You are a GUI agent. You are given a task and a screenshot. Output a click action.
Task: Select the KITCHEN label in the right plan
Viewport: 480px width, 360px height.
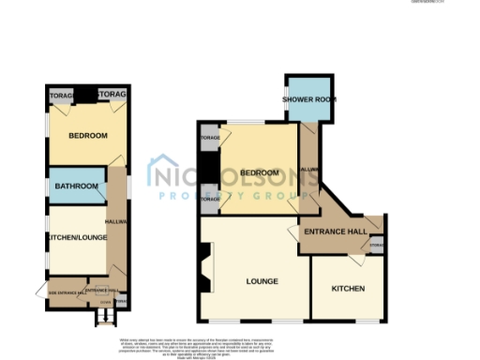[x=348, y=288]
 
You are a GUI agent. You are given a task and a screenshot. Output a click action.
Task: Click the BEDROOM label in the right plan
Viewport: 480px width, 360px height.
[x=260, y=173]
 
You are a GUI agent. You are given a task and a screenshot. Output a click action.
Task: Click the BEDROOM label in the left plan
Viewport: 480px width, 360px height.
[x=87, y=136]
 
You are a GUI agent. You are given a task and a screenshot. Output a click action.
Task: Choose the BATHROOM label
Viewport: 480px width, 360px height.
[x=78, y=187]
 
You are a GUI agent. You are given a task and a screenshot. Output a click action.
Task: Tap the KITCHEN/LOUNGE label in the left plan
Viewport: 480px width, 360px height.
[x=75, y=238]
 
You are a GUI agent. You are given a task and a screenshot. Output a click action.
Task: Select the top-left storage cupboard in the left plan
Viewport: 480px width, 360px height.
[x=62, y=96]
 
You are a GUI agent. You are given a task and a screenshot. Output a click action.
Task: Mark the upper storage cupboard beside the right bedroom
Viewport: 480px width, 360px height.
[x=209, y=139]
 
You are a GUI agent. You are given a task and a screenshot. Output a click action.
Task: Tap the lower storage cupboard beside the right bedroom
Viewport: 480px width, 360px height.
[x=209, y=200]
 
